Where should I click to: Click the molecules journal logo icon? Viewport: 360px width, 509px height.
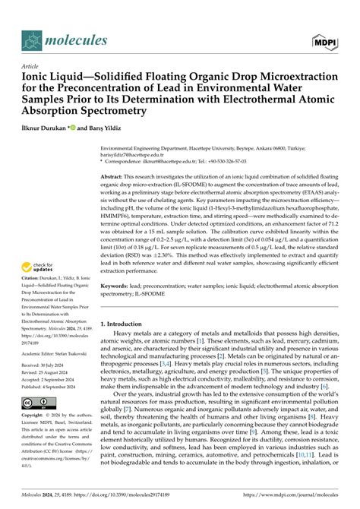click(x=33, y=39)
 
